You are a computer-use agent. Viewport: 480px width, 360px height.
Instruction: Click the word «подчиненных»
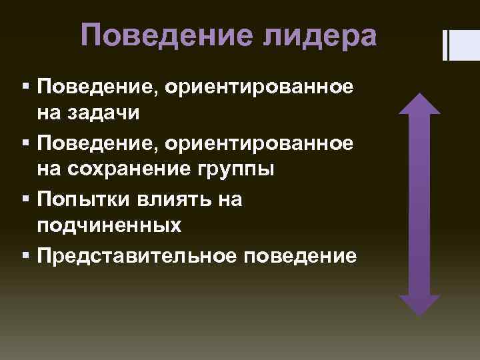[x=109, y=227]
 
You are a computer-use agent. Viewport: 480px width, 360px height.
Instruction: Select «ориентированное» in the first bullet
[x=261, y=85]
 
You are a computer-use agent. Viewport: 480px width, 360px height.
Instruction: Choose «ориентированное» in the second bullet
[x=261, y=141]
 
